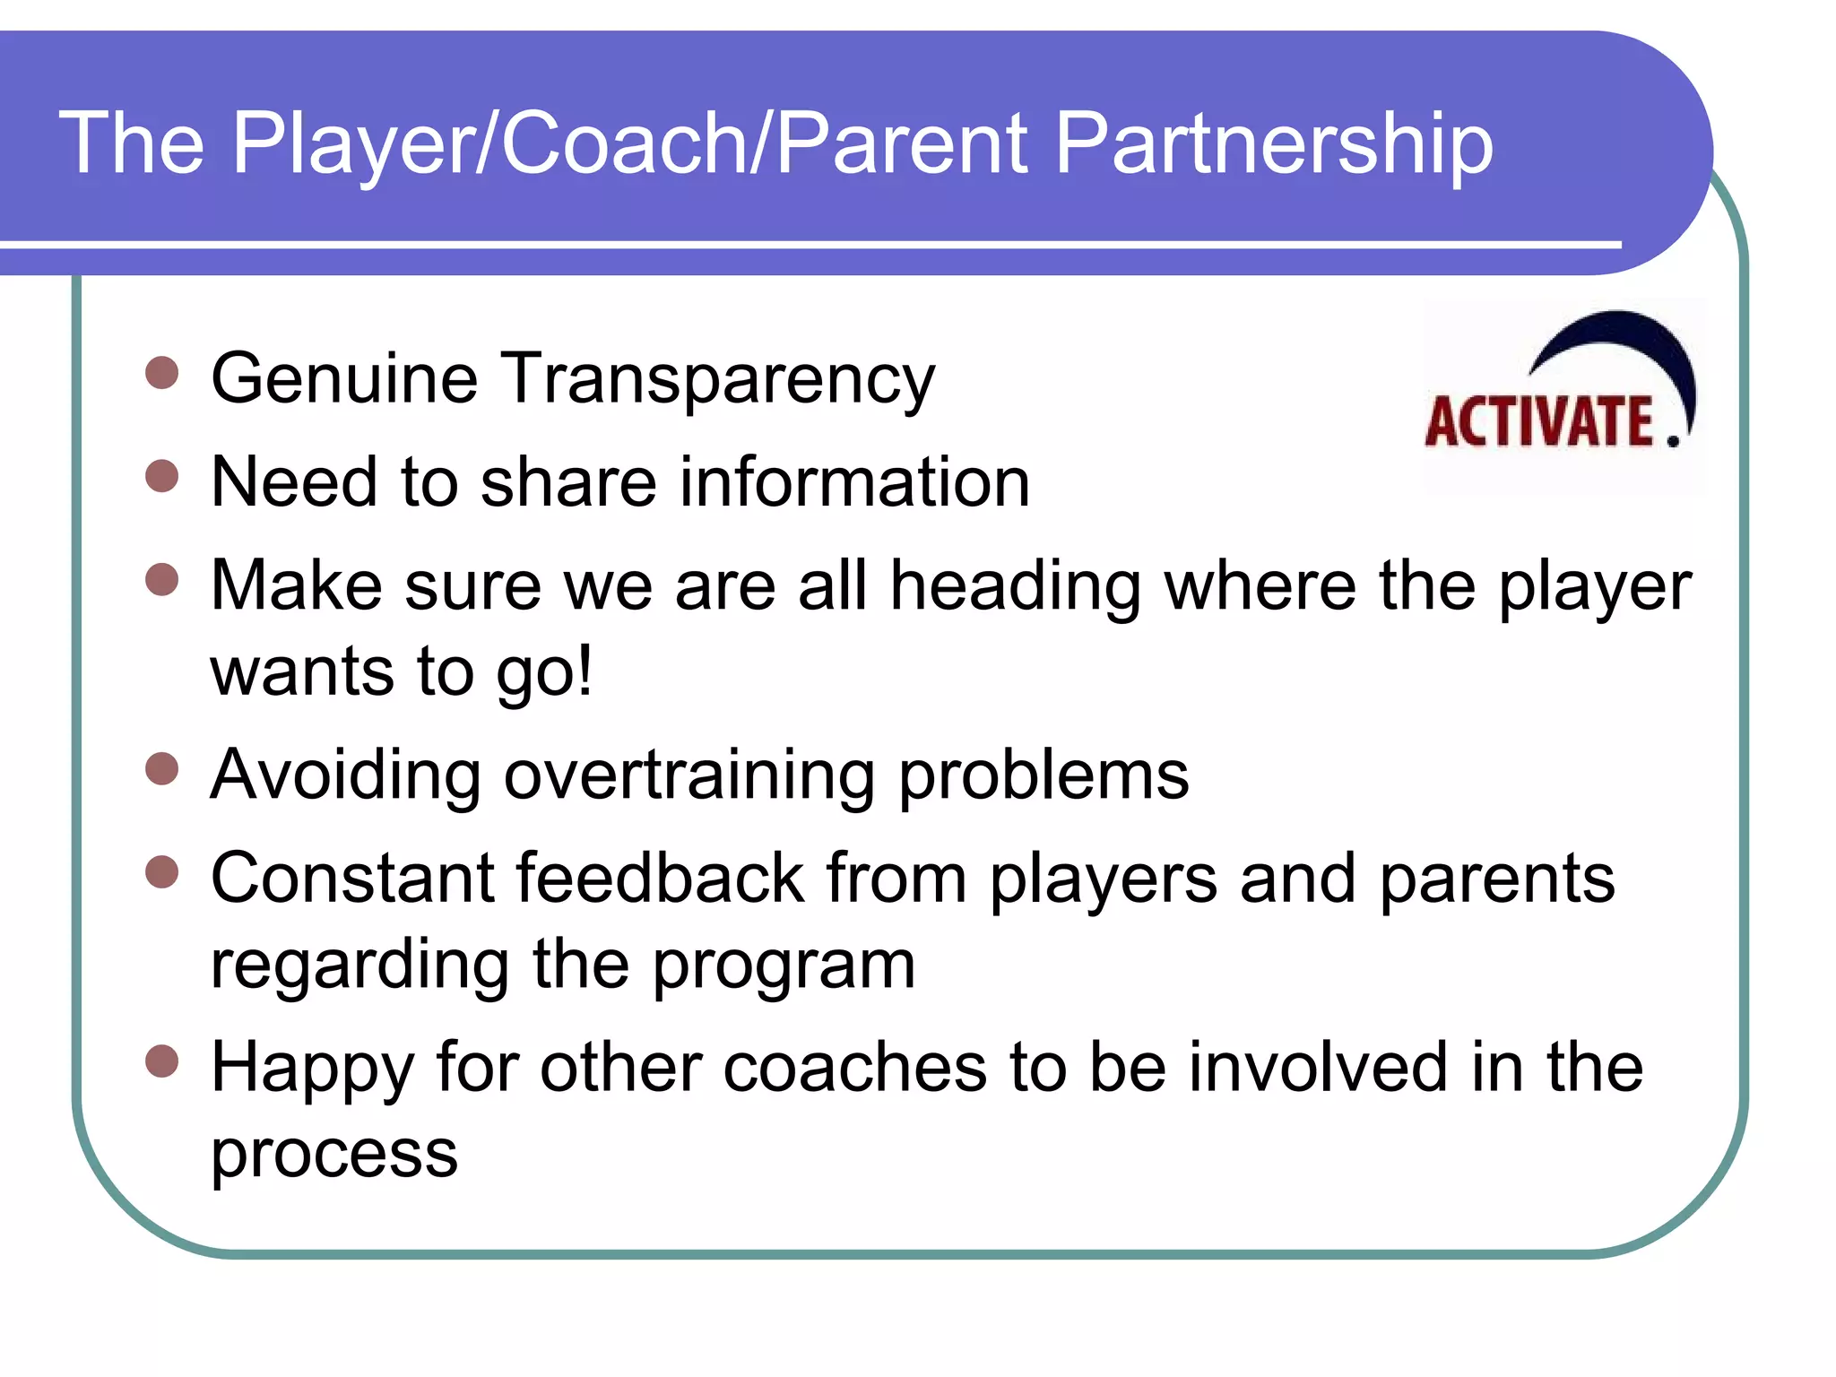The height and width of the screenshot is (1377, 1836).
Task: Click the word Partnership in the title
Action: point(1273,143)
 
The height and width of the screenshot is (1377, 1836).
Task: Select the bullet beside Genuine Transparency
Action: point(162,372)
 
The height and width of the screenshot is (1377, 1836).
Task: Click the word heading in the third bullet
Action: point(1015,587)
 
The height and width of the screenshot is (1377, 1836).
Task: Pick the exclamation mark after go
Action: point(585,671)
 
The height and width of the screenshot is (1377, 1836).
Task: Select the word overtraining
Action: point(689,775)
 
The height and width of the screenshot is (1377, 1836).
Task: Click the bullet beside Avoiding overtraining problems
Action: point(162,768)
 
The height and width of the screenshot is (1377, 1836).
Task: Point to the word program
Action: point(784,966)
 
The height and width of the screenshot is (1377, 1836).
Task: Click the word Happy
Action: point(312,1069)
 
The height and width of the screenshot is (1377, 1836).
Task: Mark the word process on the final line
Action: point(333,1155)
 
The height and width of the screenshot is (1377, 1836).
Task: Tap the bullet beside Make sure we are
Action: point(162,579)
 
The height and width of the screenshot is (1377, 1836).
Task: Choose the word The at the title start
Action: point(132,143)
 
